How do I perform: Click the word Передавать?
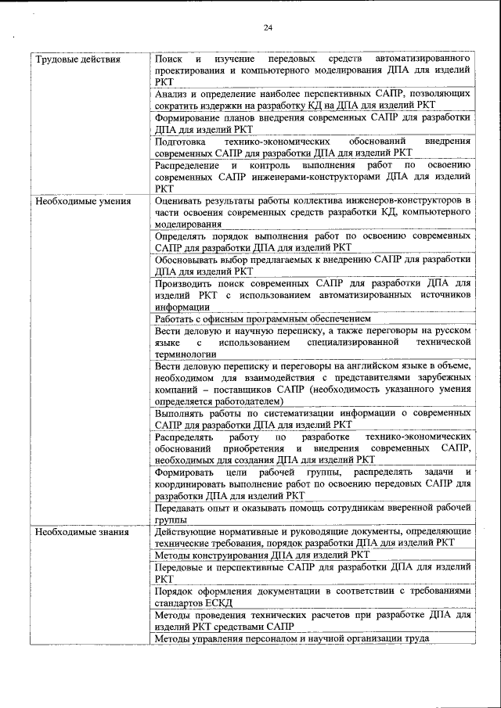point(182,508)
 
